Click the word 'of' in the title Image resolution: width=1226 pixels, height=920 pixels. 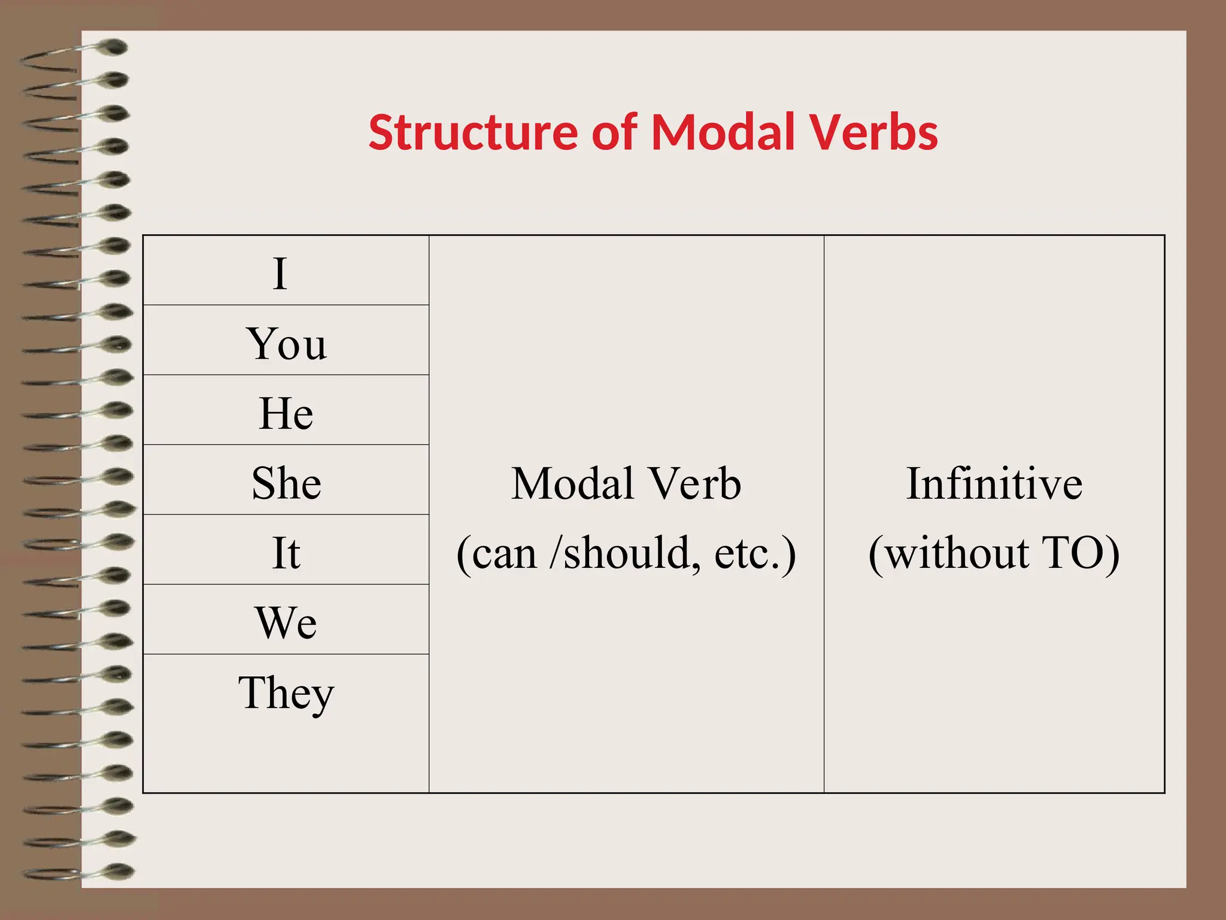coord(614,133)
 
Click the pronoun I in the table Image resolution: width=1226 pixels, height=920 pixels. coord(280,274)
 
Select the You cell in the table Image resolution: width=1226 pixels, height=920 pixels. coord(286,344)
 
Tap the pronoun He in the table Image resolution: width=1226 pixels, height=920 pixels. coord(286,413)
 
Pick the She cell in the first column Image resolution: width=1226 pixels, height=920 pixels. coord(286,483)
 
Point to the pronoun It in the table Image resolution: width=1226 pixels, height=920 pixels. coord(286,553)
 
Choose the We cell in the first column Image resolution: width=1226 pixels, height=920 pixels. coord(286,623)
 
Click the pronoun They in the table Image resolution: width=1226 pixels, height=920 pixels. coord(286,693)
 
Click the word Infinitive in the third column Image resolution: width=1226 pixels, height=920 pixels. coord(994,483)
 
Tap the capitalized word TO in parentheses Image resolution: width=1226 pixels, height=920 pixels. coord(1072,553)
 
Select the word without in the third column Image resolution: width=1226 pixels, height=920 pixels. coord(957,553)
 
